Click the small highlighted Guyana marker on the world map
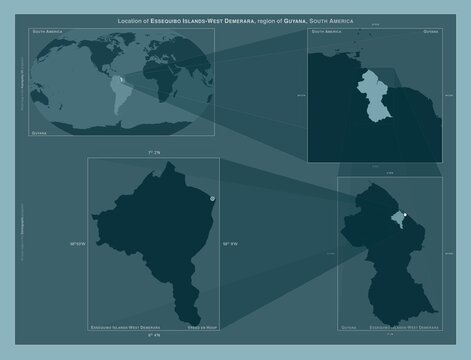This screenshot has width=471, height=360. pyautogui.click(x=119, y=80)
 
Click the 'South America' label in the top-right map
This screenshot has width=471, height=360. pyautogui.click(x=331, y=33)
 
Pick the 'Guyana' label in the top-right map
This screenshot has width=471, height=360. pyautogui.click(x=430, y=33)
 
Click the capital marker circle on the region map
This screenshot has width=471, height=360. pyautogui.click(x=213, y=199)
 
